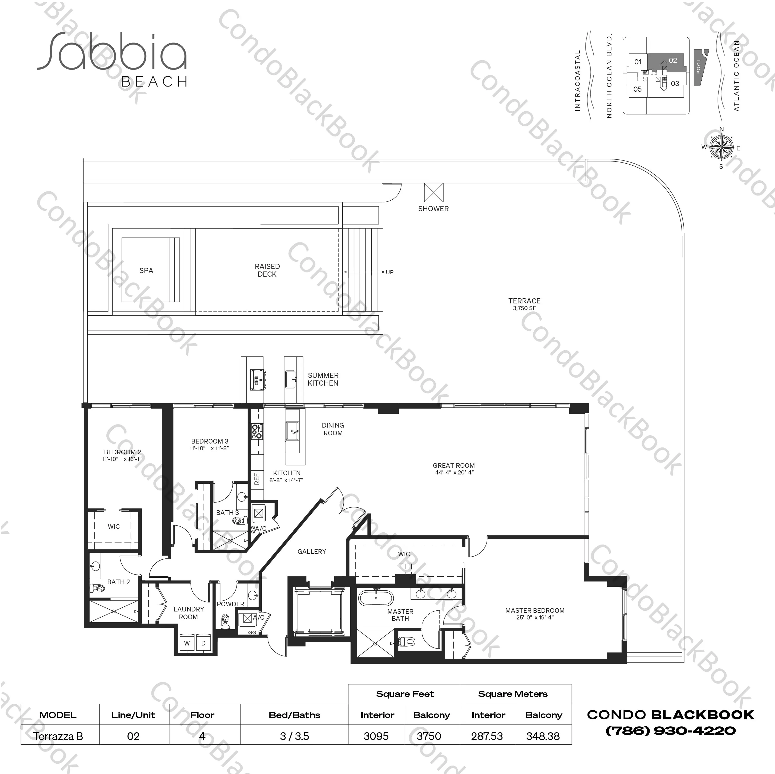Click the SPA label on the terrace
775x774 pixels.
(146, 270)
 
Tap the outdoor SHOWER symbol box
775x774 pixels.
(434, 193)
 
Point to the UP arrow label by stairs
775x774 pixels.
(389, 272)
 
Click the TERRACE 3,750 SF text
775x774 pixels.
(524, 304)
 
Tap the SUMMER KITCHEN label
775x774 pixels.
(323, 379)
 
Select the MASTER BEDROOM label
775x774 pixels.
(535, 610)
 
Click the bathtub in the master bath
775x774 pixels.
(377, 598)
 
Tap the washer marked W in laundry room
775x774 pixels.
(187, 643)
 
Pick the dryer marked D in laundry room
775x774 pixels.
(203, 643)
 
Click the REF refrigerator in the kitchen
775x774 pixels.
(257, 479)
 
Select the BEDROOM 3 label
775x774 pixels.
(209, 441)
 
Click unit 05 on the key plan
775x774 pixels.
(637, 89)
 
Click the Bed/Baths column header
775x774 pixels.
(294, 715)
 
